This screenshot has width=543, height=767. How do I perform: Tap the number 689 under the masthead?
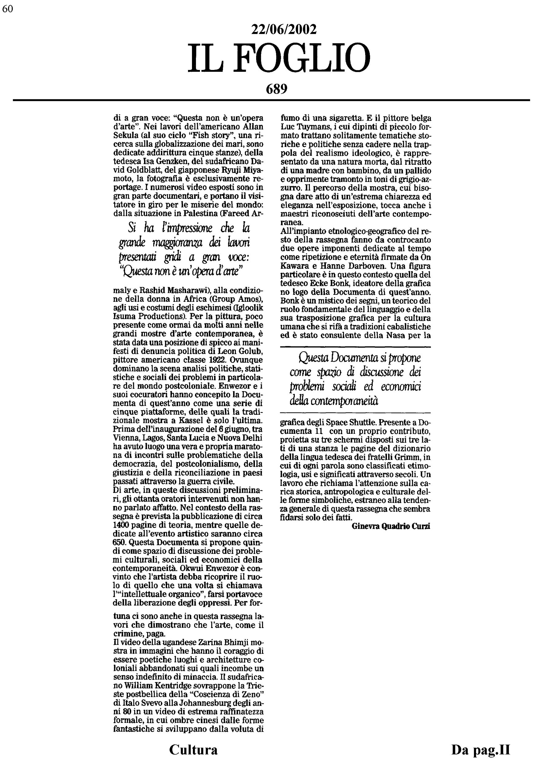click(276, 89)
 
